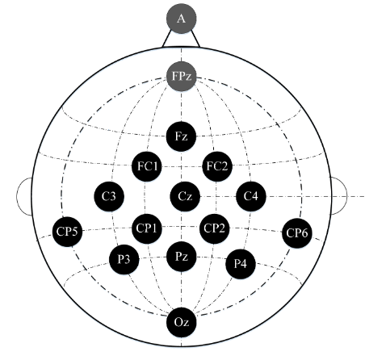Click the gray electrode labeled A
[x=182, y=19]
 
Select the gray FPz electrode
[x=182, y=77]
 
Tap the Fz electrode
[x=181, y=136]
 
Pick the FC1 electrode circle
[x=147, y=166]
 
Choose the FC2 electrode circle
[x=217, y=166]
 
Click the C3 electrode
[x=109, y=196]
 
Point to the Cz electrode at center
[x=185, y=196]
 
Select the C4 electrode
[x=251, y=196]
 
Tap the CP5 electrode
[x=67, y=232]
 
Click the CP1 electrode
[x=147, y=228]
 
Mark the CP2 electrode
[x=214, y=228]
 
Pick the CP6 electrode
[x=297, y=233]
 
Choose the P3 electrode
[x=124, y=259]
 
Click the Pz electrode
[x=181, y=257]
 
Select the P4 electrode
[x=240, y=264]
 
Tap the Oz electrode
[x=181, y=322]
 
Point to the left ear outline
[x=17, y=196]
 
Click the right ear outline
[x=346, y=196]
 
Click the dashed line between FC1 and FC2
[x=182, y=167]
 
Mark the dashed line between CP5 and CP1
[x=107, y=229]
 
